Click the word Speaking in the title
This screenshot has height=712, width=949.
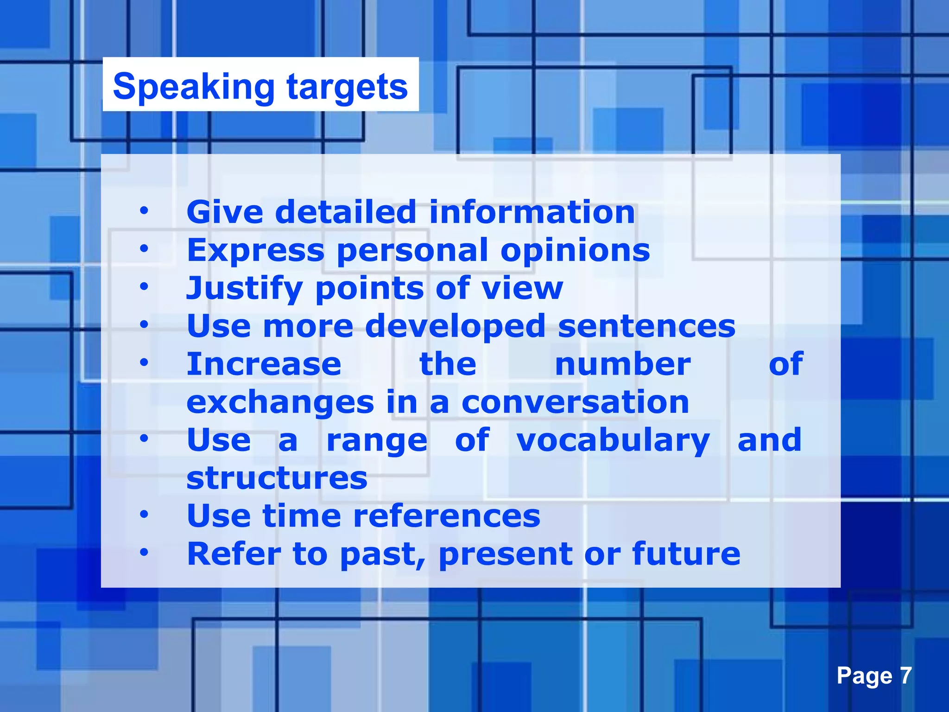point(194,87)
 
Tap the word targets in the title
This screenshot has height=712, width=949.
point(347,87)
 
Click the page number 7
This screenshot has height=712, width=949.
point(905,676)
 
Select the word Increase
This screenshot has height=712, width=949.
point(264,364)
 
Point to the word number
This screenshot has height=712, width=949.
point(623,364)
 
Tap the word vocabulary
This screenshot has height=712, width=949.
point(613,440)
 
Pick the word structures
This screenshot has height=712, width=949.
point(277,478)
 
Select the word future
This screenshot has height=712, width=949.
point(686,554)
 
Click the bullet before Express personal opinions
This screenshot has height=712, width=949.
point(144,249)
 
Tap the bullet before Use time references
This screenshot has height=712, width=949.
point(144,515)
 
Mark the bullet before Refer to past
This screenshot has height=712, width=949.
point(144,553)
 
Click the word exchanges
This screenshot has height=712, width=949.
point(280,402)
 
